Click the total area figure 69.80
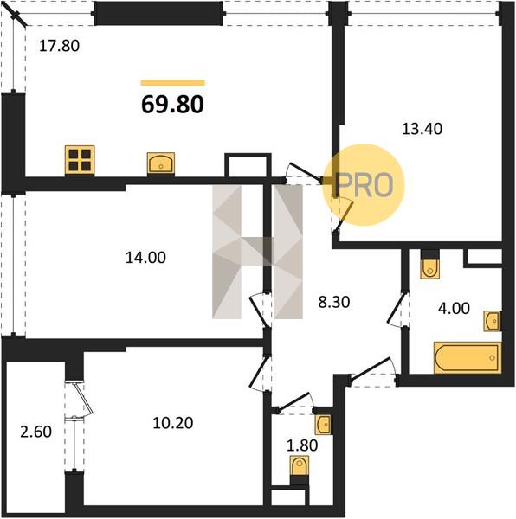[x=172, y=105]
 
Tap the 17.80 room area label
[x=59, y=46]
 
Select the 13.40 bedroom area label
[x=422, y=128]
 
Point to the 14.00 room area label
[x=145, y=257]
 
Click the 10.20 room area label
[x=173, y=423]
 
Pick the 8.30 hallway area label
[x=334, y=302]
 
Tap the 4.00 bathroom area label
[x=454, y=308]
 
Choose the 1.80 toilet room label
[x=302, y=445]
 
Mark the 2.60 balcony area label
[x=35, y=432]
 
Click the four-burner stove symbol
[x=80, y=160]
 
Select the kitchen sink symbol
[x=161, y=163]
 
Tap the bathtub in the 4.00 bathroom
[x=468, y=357]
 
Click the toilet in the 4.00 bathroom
[x=430, y=267]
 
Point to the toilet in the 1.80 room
[x=300, y=466]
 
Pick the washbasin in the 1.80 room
[x=324, y=424]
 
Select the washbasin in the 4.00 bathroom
[x=492, y=320]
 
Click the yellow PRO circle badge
[x=364, y=185]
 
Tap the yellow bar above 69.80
[x=173, y=83]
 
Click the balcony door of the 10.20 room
[x=80, y=400]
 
